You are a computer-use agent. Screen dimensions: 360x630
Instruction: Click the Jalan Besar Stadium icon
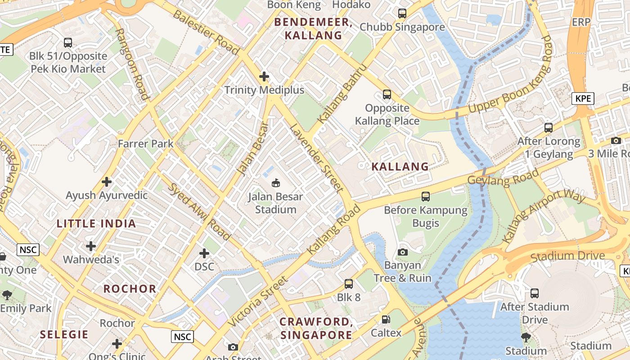pyautogui.click(x=275, y=183)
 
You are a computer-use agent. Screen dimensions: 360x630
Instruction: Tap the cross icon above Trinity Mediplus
pyautogui.click(x=264, y=76)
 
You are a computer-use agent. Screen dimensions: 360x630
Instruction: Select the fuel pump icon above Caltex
pyautogui.click(x=386, y=319)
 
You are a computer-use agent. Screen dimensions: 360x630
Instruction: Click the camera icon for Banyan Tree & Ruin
pyautogui.click(x=403, y=252)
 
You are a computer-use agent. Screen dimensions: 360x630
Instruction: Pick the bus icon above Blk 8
pyautogui.click(x=349, y=284)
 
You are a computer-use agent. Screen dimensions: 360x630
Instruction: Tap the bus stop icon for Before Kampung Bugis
pyautogui.click(x=426, y=197)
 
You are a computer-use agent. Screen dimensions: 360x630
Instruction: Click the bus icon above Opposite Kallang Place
pyautogui.click(x=387, y=94)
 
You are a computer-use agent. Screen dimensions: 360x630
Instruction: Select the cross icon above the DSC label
pyautogui.click(x=204, y=253)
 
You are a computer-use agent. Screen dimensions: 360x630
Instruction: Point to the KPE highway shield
pyautogui.click(x=583, y=99)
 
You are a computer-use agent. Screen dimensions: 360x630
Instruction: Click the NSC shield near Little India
pyautogui.click(x=28, y=250)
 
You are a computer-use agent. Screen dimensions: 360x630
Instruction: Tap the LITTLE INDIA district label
pyautogui.click(x=96, y=224)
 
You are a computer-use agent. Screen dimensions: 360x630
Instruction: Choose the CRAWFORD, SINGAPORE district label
pyautogui.click(x=316, y=328)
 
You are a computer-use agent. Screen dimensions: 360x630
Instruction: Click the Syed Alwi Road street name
pyautogui.click(x=199, y=211)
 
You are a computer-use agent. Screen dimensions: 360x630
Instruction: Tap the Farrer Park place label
pyautogui.click(x=145, y=144)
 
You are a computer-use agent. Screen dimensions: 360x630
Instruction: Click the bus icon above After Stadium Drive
pyautogui.click(x=535, y=293)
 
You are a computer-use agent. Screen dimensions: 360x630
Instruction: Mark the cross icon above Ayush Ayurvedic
pyautogui.click(x=107, y=182)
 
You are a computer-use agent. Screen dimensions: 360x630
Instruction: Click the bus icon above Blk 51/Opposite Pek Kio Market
pyautogui.click(x=68, y=43)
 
